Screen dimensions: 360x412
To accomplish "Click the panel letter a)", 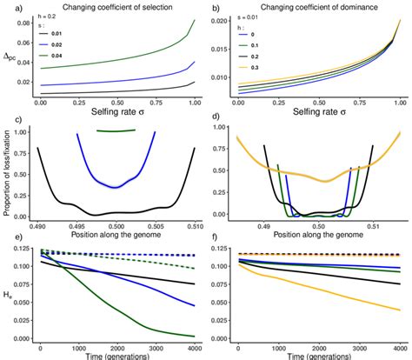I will click(6, 7).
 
